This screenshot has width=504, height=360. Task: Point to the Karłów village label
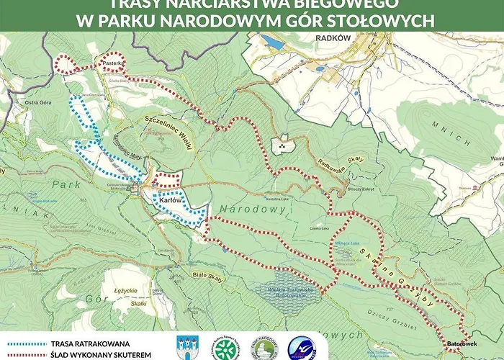(168, 200)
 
